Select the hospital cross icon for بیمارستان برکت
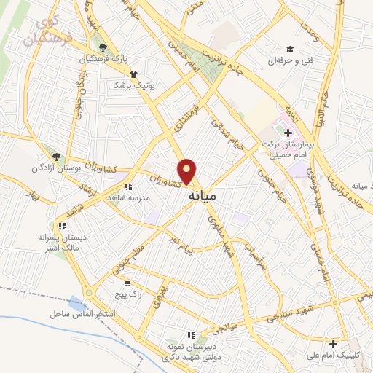(288, 133)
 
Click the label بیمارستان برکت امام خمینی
(290, 150)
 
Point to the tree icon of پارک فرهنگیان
(103, 47)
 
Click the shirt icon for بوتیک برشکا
(133, 74)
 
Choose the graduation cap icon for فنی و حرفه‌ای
(289, 50)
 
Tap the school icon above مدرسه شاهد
(128, 187)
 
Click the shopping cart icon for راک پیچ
(128, 283)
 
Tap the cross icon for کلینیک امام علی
(333, 344)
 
